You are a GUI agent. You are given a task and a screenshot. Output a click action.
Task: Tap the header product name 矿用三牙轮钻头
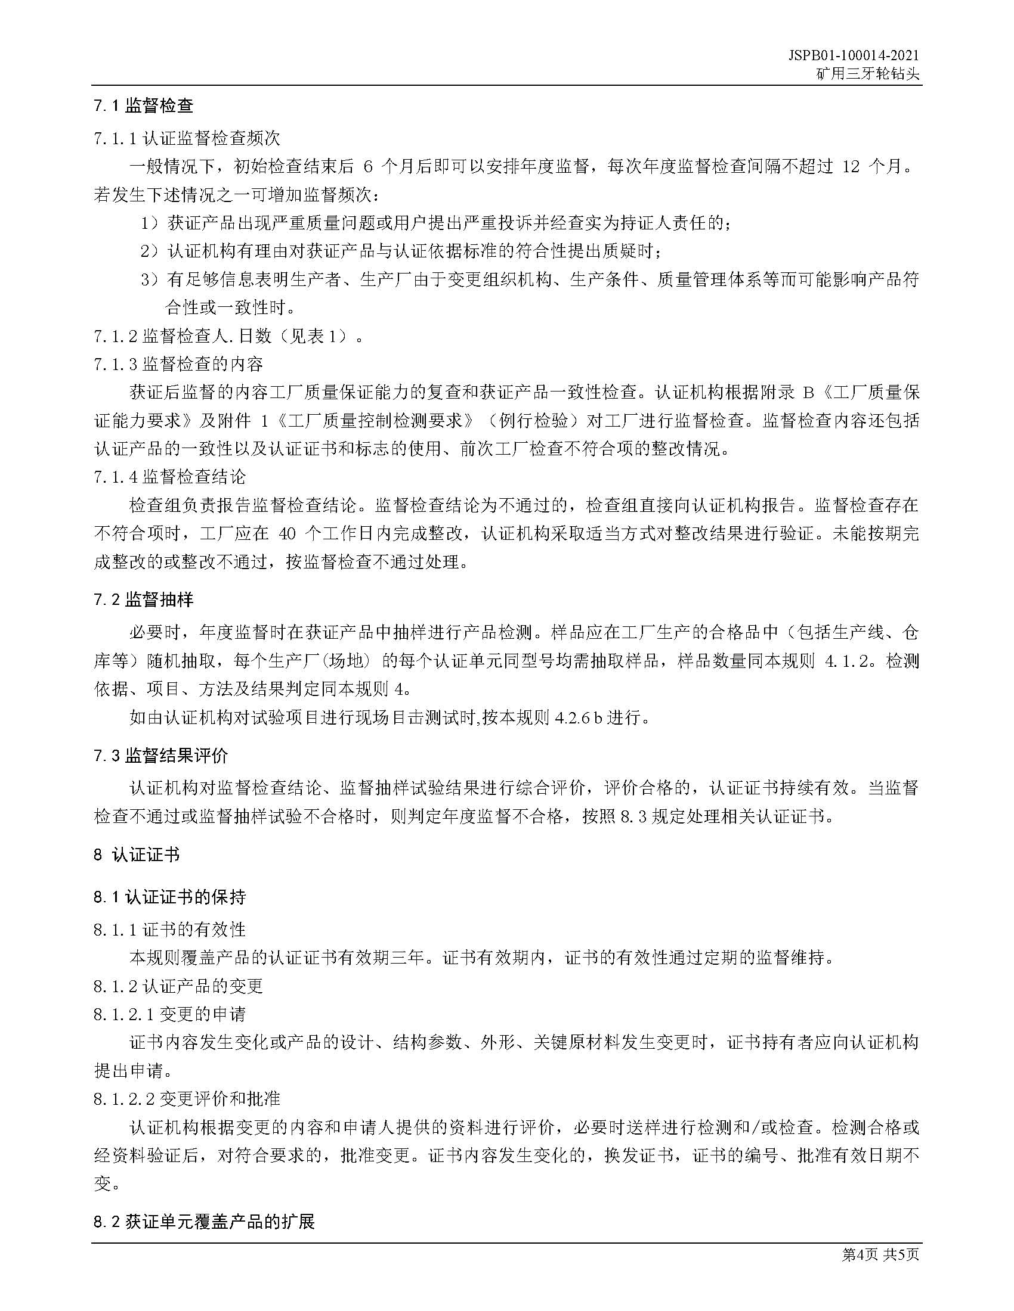[x=867, y=74]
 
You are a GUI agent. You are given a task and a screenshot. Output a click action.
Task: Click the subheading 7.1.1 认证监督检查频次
[x=187, y=139]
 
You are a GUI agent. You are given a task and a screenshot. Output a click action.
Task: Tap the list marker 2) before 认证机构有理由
[x=150, y=251]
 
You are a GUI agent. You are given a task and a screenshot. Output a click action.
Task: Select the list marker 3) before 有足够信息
[x=150, y=279]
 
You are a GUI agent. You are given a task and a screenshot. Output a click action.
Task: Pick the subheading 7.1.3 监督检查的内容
[x=178, y=364]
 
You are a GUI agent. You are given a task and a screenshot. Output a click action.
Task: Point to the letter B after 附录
[x=808, y=393]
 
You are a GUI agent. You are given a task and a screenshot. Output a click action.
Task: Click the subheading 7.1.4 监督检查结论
[x=169, y=477]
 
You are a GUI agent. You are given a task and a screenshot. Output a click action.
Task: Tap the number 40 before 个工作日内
[x=288, y=535]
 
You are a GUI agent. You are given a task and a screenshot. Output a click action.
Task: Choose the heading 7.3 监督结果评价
[x=160, y=755]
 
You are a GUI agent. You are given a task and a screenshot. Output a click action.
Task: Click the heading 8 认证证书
[x=137, y=855]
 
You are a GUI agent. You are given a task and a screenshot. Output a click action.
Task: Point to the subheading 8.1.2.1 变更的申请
[x=169, y=1014]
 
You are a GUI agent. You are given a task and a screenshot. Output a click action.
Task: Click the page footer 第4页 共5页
[x=880, y=1254]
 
